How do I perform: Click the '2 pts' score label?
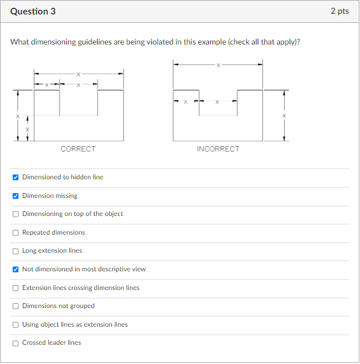coord(340,11)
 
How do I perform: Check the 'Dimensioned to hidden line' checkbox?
coord(15,177)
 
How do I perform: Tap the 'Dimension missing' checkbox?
coord(15,196)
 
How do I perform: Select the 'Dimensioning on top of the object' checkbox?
coord(15,214)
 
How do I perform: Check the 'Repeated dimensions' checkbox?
coord(15,232)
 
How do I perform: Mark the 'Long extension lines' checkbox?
coord(15,251)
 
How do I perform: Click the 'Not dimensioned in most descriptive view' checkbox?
coord(15,269)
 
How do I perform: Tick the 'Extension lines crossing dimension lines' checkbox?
coord(15,288)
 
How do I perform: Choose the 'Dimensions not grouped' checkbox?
coord(15,306)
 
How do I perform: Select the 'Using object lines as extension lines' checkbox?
coord(15,324)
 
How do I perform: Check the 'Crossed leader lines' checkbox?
coord(15,343)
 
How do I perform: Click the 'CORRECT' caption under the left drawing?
coord(78,149)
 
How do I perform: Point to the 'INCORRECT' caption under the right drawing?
coord(218,149)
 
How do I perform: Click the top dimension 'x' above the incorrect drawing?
coord(218,64)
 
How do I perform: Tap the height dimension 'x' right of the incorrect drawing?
coord(285,115)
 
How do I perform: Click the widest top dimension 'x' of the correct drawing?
coord(78,73)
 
